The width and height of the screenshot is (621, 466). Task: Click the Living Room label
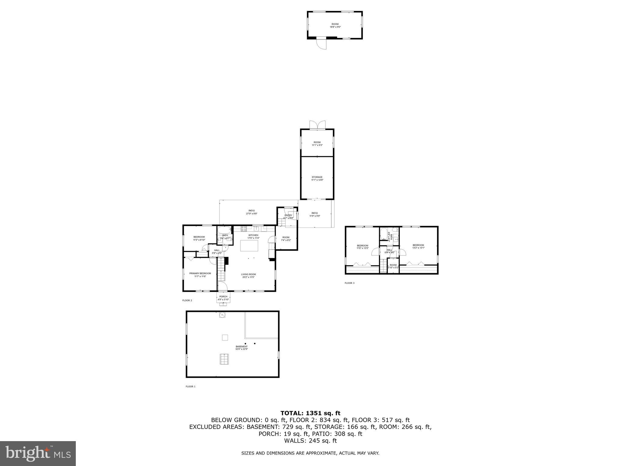248,275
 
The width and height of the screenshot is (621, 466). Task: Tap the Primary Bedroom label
200,275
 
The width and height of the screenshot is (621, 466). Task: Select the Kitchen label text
253,236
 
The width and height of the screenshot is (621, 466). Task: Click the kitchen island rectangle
249,245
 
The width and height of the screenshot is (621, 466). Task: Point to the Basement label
241,348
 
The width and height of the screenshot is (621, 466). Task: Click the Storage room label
317,178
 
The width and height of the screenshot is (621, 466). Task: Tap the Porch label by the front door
223,298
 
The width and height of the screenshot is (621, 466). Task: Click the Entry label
288,217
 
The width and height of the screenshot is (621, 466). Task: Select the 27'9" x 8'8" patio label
251,212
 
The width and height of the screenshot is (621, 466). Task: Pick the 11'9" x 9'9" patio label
314,214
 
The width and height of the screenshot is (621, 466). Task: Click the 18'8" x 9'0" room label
335,25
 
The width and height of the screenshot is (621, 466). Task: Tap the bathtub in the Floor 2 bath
224,230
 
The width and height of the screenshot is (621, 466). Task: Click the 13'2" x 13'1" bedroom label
418,246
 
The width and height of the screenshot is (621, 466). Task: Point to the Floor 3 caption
349,283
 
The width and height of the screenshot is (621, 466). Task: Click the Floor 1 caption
190,387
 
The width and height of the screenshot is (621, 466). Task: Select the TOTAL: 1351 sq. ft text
310,413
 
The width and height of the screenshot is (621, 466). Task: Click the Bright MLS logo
38,453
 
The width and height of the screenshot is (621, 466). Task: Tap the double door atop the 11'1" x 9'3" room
317,125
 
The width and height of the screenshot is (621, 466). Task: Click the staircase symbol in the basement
224,359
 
